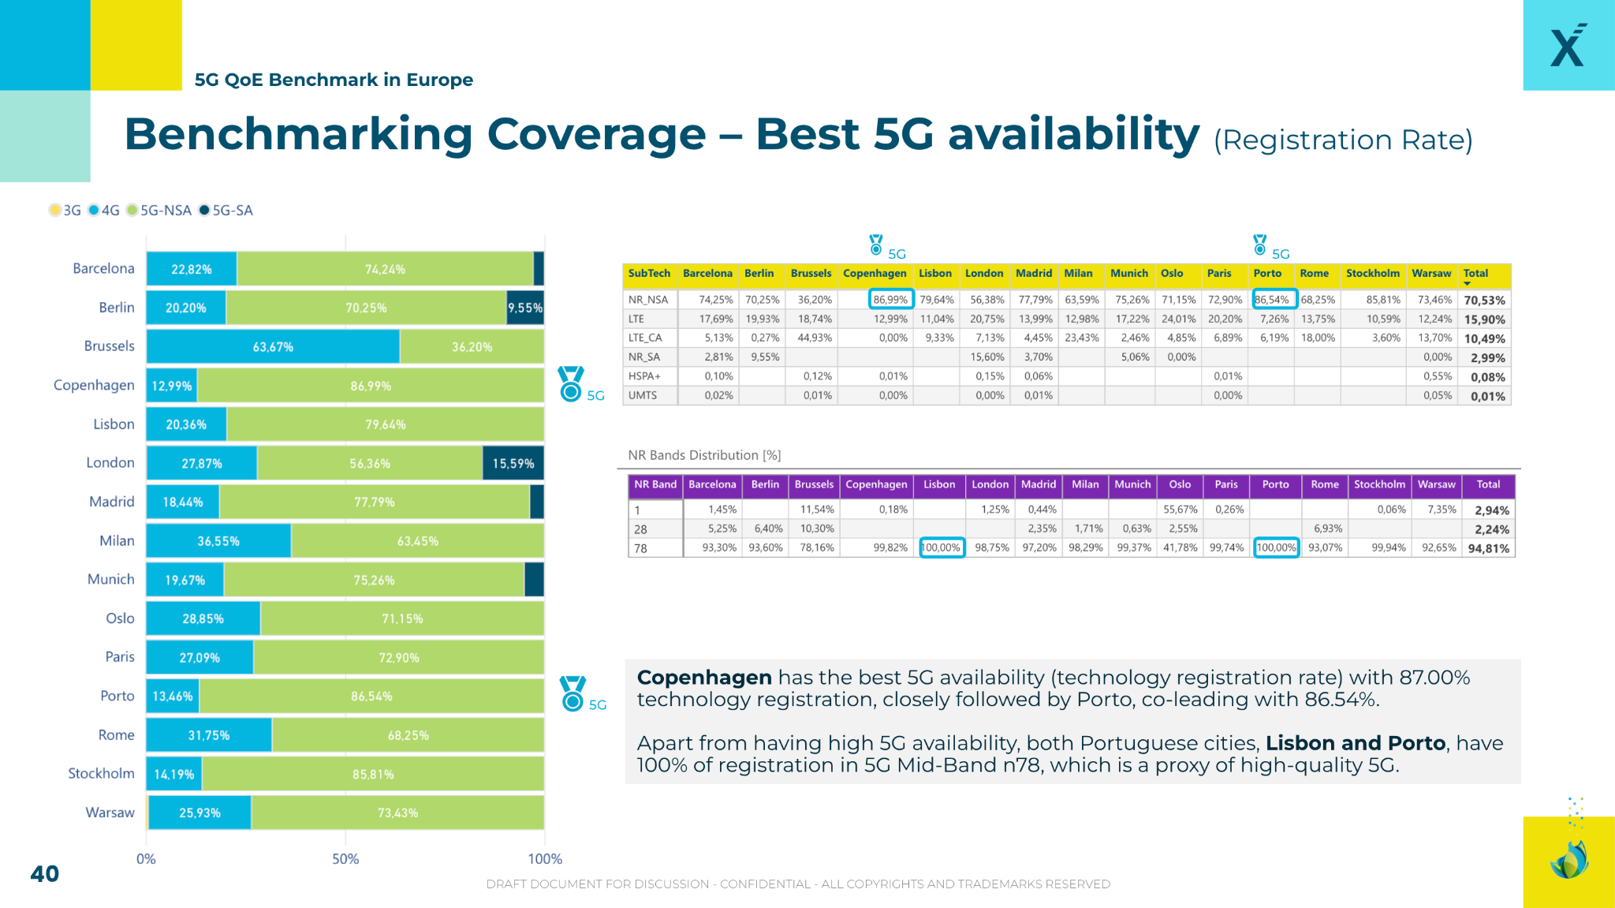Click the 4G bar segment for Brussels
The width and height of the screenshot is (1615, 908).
pos(273,347)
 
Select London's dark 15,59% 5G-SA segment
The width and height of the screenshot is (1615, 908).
pos(513,463)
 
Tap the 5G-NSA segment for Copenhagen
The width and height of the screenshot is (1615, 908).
pos(371,386)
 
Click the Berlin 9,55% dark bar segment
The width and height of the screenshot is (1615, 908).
pos(524,308)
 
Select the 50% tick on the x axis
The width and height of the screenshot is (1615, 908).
pos(345,859)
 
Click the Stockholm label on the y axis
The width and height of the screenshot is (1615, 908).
pos(101,773)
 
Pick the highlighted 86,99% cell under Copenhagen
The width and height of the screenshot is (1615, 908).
pos(890,300)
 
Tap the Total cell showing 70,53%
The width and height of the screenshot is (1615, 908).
pos(1484,301)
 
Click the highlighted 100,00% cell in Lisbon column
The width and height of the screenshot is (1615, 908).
pos(942,547)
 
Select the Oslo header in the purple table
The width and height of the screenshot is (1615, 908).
pos(1180,484)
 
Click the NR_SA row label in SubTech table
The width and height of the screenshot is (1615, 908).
pos(643,357)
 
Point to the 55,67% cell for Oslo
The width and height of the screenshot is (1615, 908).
pos(1180,510)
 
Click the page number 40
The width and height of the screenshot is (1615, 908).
pos(44,873)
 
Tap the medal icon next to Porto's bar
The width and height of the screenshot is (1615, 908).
pos(573,693)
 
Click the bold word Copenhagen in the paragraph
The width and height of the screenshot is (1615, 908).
pos(703,678)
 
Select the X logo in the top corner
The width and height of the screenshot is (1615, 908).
pos(1568,46)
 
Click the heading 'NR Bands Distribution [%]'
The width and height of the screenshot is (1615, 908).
pos(704,455)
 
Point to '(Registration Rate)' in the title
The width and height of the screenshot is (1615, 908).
pos(1342,140)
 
